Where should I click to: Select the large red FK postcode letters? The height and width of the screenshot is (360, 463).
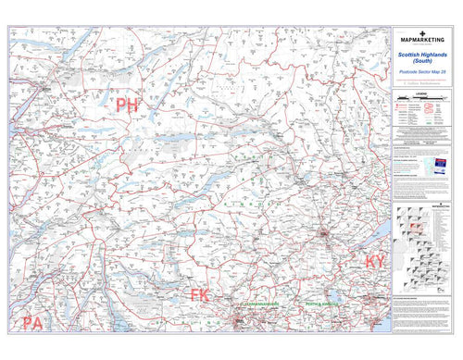(x=201, y=296)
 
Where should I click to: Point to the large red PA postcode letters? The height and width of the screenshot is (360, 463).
(x=32, y=323)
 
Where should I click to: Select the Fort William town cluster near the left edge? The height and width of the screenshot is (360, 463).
(x=44, y=90)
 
